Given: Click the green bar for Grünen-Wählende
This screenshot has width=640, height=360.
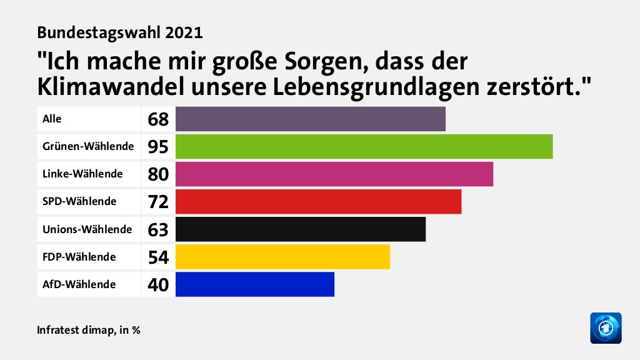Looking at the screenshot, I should [364, 146].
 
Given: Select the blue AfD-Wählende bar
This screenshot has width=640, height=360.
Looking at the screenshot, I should [255, 284].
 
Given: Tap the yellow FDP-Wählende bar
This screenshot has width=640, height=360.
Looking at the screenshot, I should [282, 256].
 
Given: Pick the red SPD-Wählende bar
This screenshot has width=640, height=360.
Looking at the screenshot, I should [318, 201].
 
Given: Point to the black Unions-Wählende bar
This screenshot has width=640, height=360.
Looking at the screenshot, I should [301, 229].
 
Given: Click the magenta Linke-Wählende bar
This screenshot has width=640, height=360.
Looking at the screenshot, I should [334, 174].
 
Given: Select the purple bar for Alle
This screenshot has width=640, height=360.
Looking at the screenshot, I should [311, 119].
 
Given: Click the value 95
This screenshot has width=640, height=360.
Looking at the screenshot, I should [158, 147].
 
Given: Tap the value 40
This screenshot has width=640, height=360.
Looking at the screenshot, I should [158, 284].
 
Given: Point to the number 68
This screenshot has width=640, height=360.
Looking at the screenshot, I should [158, 119].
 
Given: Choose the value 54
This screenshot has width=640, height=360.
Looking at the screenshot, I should [158, 257].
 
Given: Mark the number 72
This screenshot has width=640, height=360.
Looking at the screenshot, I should [158, 202].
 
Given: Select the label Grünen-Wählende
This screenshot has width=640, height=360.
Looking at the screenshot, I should [88, 146].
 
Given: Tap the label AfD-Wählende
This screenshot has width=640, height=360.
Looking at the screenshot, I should [79, 284].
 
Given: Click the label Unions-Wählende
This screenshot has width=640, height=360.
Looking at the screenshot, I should [87, 229].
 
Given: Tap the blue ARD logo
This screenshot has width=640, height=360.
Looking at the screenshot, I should [606, 327].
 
